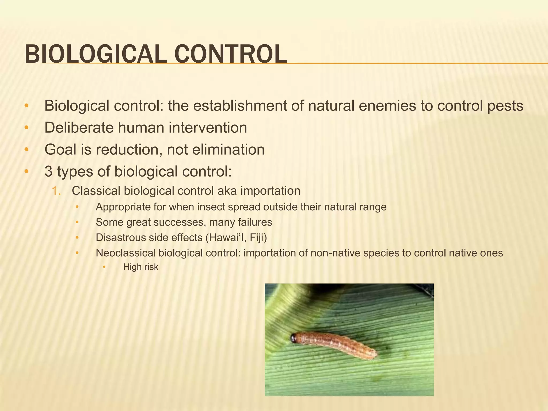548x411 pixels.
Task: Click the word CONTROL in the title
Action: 231,54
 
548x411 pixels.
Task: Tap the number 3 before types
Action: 48,172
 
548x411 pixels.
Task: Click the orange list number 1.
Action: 56,191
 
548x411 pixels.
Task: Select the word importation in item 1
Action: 270,191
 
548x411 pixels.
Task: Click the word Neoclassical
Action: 125,253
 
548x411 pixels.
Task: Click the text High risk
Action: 141,267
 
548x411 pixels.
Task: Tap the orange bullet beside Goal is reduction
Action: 26,150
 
